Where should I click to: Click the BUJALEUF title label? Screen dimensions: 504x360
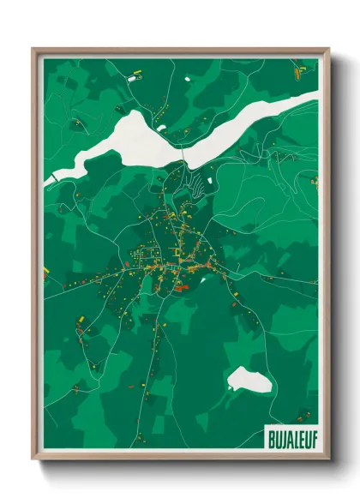coord(290,432)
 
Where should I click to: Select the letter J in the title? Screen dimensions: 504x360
coord(283,432)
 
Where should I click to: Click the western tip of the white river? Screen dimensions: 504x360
coord(53,177)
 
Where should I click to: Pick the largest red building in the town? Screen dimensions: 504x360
coord(182,289)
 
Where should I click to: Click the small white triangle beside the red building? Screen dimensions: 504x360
coord(201,279)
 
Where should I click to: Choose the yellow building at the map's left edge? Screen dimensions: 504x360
coord(45,273)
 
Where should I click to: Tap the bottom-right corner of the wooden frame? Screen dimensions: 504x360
coord(328,459)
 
